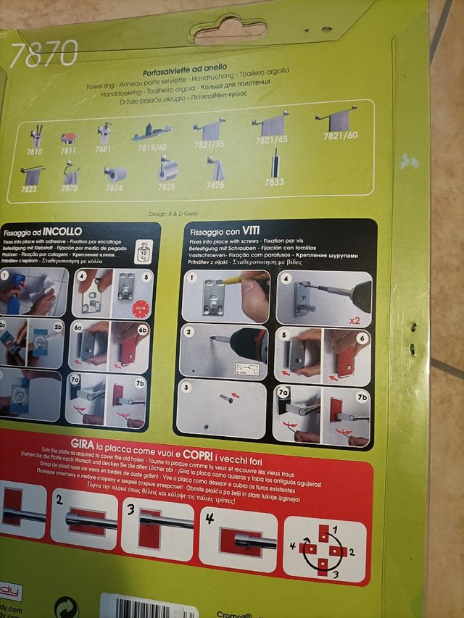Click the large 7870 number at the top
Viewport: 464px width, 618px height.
(x=44, y=54)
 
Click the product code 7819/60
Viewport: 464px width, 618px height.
(x=153, y=147)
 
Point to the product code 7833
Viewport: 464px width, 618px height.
(x=274, y=182)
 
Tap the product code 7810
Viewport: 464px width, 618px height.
(x=35, y=151)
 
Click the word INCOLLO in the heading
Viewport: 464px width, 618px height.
(x=67, y=230)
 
